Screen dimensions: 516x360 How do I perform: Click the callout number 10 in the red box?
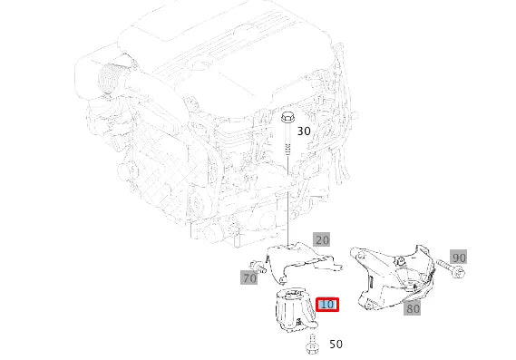pos(327,305)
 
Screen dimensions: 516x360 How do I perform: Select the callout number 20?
pos(322,240)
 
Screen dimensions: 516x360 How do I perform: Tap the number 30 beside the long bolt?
pos(304,131)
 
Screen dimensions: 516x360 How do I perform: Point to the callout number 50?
pos(336,345)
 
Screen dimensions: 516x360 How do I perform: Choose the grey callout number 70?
pos(249,277)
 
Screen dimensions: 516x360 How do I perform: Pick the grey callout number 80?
pos(413,308)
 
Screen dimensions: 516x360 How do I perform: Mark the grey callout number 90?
pos(458,258)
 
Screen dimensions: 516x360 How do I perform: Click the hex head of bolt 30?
pos(287,117)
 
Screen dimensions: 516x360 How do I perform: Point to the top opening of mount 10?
pos(296,294)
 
